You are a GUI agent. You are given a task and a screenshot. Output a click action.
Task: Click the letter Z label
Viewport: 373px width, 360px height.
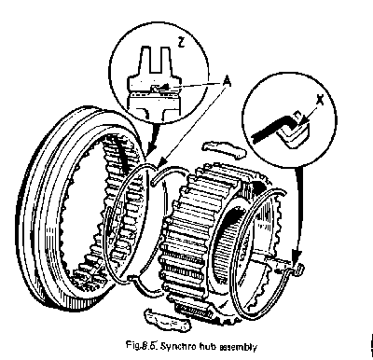point(181,42)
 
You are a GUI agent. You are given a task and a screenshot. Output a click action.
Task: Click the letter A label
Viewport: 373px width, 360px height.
point(227,82)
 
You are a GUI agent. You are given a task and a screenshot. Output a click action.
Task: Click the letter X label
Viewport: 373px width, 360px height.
point(319,100)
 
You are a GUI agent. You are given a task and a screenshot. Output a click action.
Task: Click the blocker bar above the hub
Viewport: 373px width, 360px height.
point(225,148)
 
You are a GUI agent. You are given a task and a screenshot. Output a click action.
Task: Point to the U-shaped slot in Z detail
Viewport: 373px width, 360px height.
point(155,59)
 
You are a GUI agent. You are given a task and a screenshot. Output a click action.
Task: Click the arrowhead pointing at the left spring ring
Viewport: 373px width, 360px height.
point(161,162)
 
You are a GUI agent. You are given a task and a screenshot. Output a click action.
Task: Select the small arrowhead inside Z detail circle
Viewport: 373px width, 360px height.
point(165,86)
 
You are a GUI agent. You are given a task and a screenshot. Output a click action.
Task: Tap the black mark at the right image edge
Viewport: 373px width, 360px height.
point(371,344)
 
